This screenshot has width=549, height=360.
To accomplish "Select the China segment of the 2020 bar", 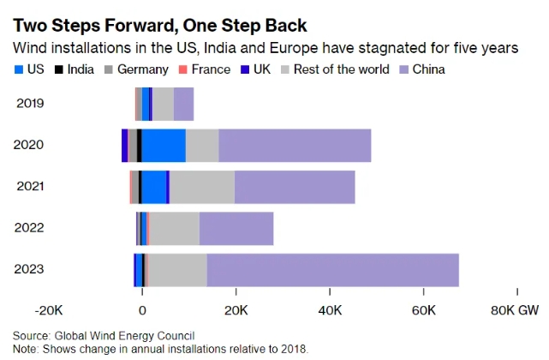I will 295,145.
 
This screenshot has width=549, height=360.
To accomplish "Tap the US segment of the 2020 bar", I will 164,145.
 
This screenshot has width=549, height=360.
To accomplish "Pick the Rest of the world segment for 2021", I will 202,187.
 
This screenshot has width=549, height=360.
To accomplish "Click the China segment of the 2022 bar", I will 236,229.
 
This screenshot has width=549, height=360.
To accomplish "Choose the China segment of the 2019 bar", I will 184,104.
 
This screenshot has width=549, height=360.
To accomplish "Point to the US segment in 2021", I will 154,187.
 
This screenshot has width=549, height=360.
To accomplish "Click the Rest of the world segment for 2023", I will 178,270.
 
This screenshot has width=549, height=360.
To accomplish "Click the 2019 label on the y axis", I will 30,104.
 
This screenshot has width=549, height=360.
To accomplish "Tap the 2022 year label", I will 30,229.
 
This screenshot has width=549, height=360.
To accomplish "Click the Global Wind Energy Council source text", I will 123,335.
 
